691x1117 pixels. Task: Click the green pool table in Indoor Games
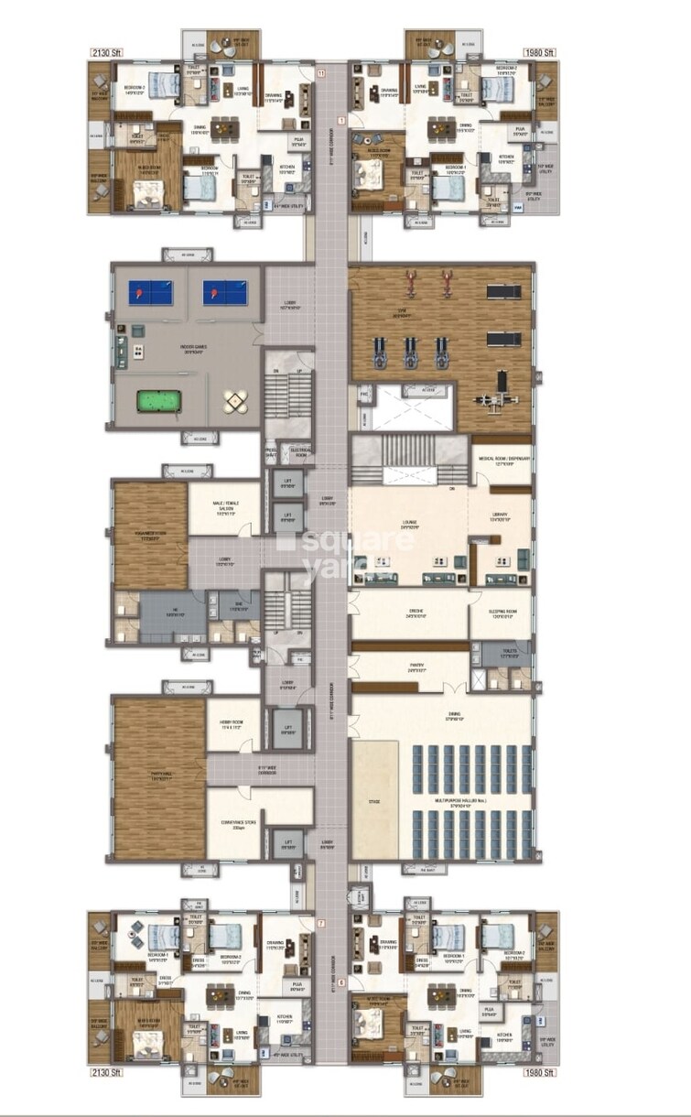[x=154, y=400]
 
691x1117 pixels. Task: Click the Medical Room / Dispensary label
[x=501, y=461]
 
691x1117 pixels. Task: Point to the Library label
[x=499, y=518]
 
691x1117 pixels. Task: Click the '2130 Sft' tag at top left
[x=105, y=52]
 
